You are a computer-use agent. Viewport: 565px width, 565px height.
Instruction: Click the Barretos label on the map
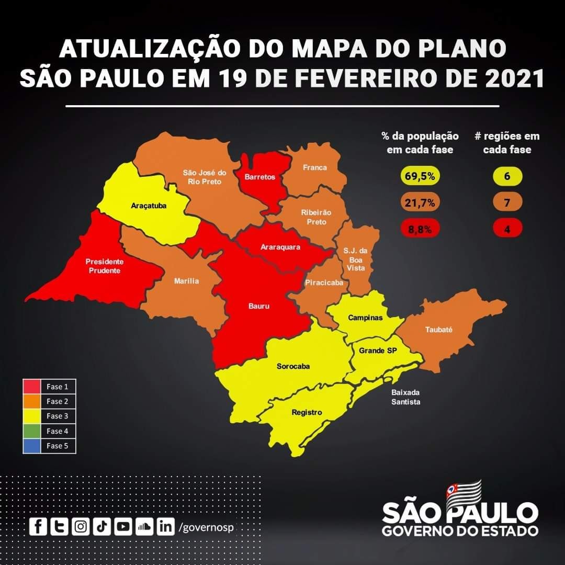click(x=259, y=177)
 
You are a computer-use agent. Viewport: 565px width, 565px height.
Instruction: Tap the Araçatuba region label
click(x=149, y=206)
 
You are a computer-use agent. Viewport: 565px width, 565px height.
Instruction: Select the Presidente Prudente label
click(x=104, y=266)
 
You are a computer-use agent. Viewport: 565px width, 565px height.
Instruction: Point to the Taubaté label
click(x=438, y=330)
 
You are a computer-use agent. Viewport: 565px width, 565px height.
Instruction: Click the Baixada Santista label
click(x=405, y=397)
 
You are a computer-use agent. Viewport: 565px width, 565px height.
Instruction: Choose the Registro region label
click(x=307, y=412)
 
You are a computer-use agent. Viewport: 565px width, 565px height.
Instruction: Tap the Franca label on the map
click(x=315, y=167)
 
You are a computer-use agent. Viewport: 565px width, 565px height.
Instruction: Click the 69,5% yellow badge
click(x=420, y=176)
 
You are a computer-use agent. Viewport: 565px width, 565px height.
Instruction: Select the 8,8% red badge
click(x=420, y=229)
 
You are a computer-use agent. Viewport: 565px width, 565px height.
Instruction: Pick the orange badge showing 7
click(x=506, y=202)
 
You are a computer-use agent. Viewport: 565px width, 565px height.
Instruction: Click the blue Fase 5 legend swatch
click(x=32, y=446)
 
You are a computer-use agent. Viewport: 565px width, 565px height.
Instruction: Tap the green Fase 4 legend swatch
click(x=32, y=431)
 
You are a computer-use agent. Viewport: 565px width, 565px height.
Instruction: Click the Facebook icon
click(x=37, y=526)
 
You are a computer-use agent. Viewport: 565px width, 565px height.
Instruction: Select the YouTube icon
click(x=122, y=526)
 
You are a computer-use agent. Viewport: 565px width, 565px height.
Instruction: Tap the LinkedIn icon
click(x=165, y=526)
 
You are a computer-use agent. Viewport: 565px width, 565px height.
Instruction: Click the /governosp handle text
click(x=206, y=527)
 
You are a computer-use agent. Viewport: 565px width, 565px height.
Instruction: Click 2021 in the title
click(x=515, y=77)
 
